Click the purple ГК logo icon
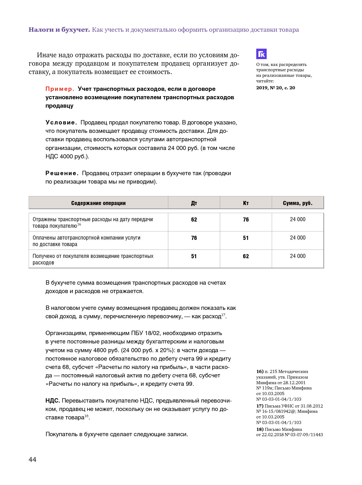(x=261, y=54)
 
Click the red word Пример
(x=60, y=89)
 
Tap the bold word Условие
(x=61, y=123)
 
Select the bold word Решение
(x=62, y=173)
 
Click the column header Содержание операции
(x=98, y=203)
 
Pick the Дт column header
(x=194, y=203)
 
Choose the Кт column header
(x=246, y=203)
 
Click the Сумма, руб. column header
(x=298, y=203)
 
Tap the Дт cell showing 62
(x=194, y=220)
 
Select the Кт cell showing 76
(x=246, y=220)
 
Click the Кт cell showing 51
(x=246, y=238)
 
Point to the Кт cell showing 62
(x=246, y=256)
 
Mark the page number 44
(x=32, y=459)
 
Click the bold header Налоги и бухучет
(x=59, y=30)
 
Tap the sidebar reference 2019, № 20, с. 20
(x=275, y=88)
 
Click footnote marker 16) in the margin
(x=260, y=371)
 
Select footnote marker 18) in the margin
(x=260, y=429)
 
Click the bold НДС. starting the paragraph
(x=53, y=401)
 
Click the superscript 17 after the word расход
(x=223, y=315)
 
